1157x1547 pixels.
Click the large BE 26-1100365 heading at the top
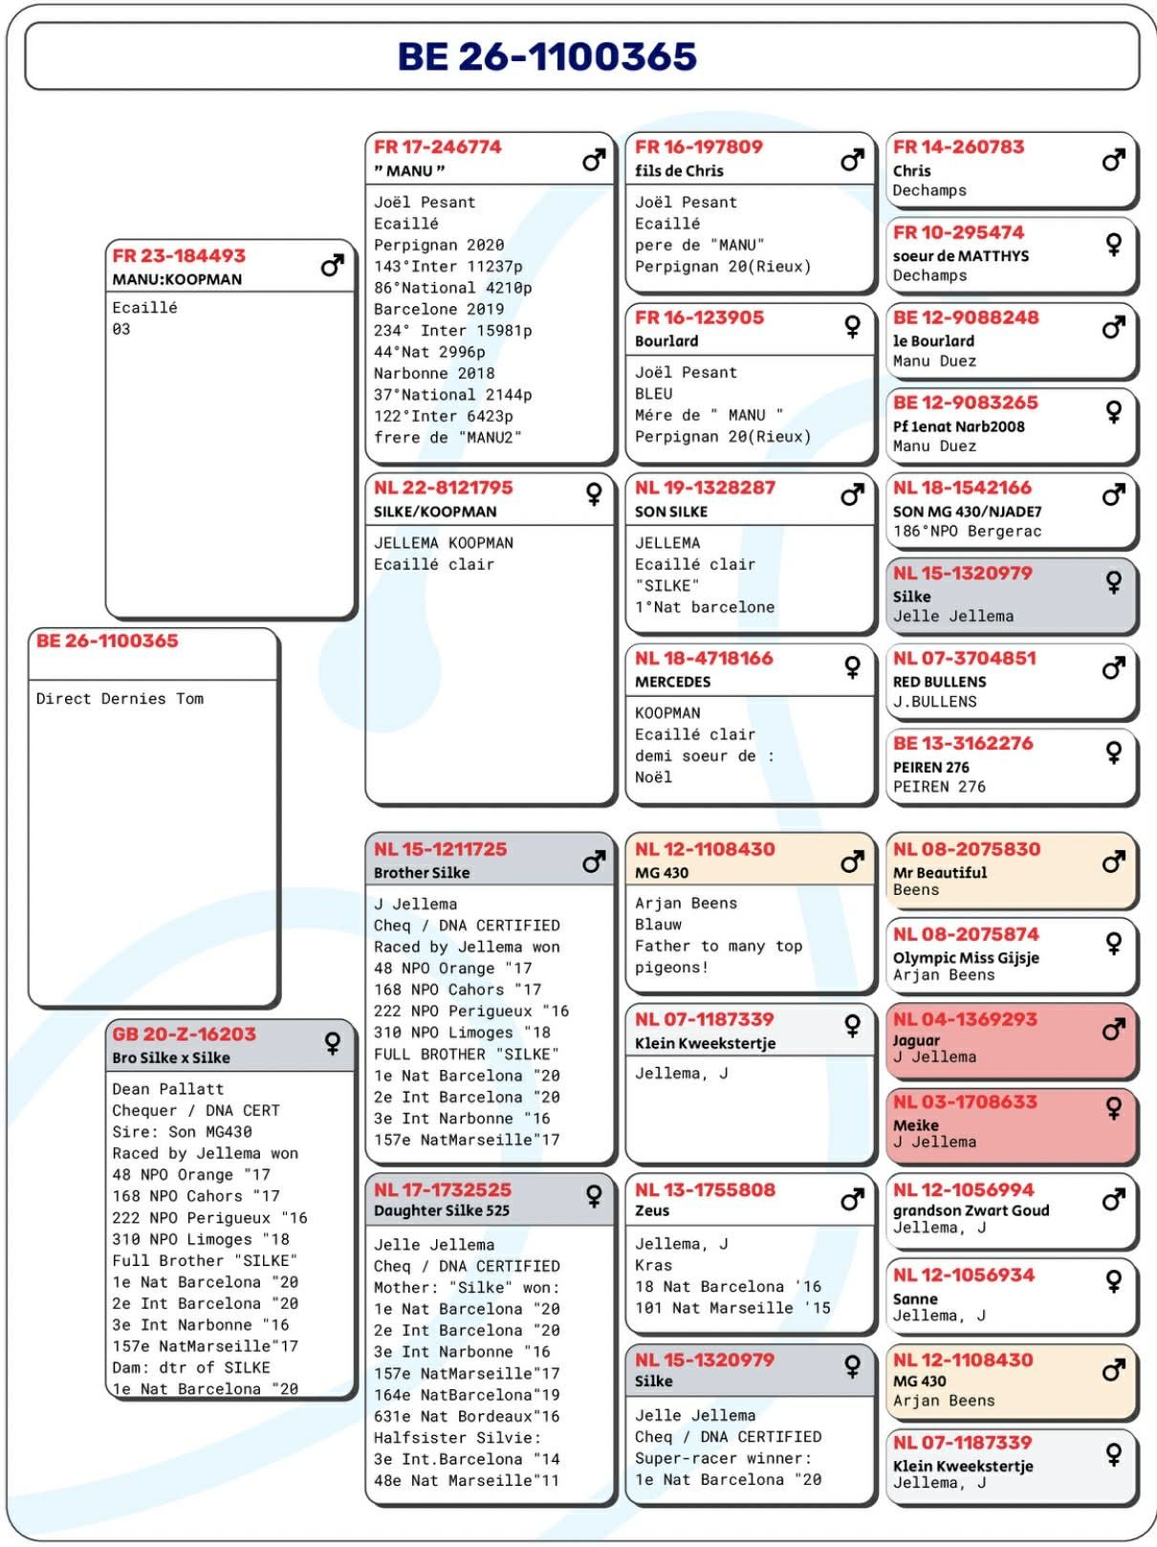coord(547,57)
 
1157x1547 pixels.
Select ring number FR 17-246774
coord(437,147)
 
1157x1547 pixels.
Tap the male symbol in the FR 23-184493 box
coord(332,265)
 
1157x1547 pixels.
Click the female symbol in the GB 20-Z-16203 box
coord(333,1042)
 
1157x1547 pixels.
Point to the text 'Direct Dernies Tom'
coord(120,699)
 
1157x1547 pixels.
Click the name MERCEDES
coord(672,682)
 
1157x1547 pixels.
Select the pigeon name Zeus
coord(652,1210)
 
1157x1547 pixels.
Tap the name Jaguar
coord(916,1040)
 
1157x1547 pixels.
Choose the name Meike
coord(915,1125)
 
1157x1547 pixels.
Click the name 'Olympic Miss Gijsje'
coord(966,957)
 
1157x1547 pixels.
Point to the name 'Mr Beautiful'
coord(940,872)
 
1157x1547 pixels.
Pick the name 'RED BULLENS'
coord(939,682)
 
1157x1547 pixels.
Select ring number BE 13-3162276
coord(963,744)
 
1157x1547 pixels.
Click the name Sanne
coord(915,1298)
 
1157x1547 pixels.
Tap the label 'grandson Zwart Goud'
coord(971,1210)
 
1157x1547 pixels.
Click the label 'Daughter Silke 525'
coord(441,1210)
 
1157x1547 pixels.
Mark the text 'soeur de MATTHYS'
coord(961,256)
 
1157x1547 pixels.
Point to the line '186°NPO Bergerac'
coord(967,532)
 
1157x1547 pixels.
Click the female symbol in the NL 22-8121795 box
coord(594,493)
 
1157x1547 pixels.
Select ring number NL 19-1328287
coord(705,488)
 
